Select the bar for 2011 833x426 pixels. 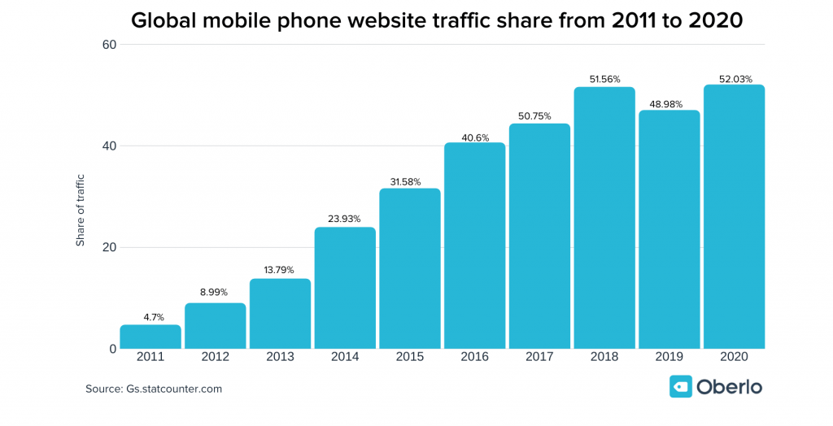tap(150, 337)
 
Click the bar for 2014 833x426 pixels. tap(345, 289)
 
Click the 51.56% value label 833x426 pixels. tap(604, 79)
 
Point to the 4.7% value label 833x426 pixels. tap(150, 316)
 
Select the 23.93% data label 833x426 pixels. tap(345, 219)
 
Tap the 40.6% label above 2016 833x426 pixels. tap(474, 137)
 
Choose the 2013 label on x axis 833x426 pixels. tap(280, 357)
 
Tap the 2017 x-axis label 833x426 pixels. tap(539, 357)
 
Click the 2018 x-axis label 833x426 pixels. tap(604, 357)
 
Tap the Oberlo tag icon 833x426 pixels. tap(680, 387)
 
